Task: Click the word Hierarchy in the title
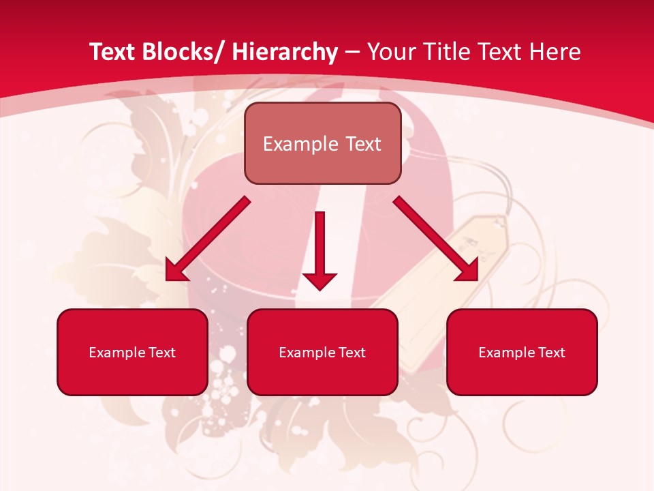click(285, 52)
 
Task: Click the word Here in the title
click(555, 52)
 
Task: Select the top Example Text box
click(322, 143)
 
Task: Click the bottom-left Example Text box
click(132, 352)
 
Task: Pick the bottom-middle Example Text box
click(322, 352)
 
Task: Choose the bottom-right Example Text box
click(522, 352)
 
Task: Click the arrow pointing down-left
click(208, 239)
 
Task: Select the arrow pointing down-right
click(436, 239)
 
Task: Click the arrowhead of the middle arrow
click(320, 280)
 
